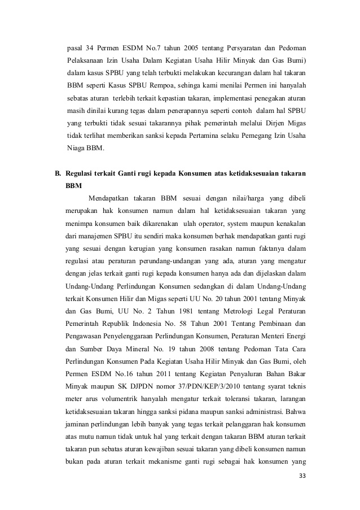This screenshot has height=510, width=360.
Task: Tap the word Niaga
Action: (76, 150)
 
